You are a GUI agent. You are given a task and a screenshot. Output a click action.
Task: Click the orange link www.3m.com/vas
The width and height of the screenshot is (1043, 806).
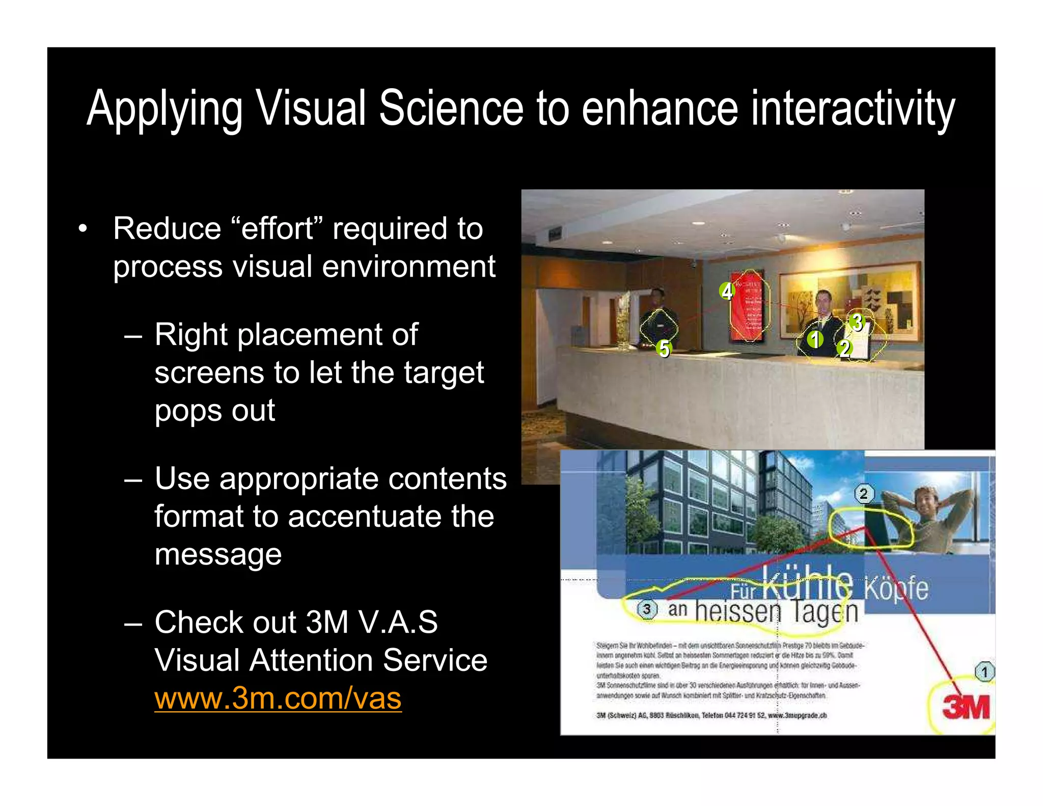(278, 698)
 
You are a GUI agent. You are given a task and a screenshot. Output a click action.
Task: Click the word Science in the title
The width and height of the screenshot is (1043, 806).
(451, 108)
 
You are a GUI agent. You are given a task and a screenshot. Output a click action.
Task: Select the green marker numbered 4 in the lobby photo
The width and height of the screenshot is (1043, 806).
(727, 291)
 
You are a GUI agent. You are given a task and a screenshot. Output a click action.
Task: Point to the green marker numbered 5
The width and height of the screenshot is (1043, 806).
(664, 349)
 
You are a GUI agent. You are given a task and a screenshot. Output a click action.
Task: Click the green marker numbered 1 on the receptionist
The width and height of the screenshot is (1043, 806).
(815, 339)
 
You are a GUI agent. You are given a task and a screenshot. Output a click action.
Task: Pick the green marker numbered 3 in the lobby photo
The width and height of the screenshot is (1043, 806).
(857, 322)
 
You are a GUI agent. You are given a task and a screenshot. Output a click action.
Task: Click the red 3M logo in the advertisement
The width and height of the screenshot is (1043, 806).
(966, 707)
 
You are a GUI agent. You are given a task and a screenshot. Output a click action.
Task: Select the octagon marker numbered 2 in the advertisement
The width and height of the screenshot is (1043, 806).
(864, 493)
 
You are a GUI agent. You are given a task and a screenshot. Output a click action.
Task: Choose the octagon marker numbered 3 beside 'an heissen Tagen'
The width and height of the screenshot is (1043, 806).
(647, 609)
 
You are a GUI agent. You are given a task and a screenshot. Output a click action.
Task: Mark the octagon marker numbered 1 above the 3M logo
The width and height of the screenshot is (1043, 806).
(984, 671)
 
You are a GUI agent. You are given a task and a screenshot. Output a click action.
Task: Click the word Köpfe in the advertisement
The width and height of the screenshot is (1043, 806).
(896, 588)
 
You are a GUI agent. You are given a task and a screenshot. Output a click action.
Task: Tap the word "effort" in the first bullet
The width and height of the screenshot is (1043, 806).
(277, 228)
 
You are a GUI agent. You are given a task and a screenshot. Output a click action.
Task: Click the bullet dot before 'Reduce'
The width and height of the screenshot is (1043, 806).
(83, 229)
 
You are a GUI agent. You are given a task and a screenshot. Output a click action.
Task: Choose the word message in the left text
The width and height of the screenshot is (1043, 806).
(218, 554)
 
